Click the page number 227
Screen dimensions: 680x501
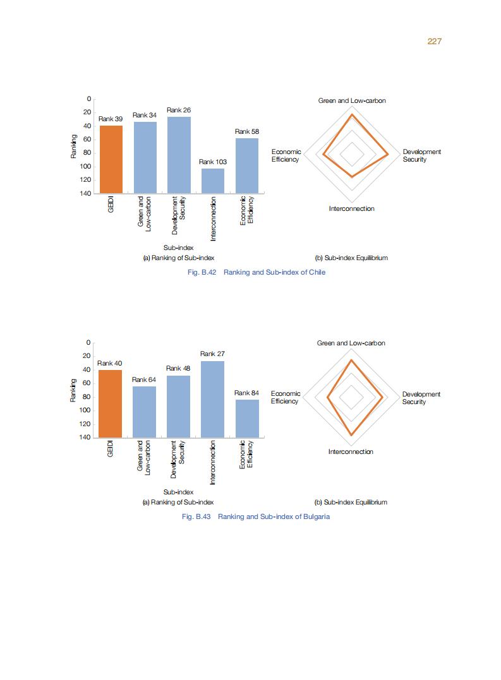click(x=434, y=41)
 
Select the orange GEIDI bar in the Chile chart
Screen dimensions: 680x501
click(x=111, y=159)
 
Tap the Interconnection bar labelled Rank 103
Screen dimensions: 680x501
click(x=213, y=180)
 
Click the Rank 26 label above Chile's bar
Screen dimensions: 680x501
click(x=179, y=110)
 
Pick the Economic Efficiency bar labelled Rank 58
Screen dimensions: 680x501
click(x=247, y=165)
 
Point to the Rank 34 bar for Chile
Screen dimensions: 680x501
click(x=145, y=157)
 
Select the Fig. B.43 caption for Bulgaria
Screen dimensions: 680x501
click(x=255, y=516)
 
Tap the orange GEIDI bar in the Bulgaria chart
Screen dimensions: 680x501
click(x=110, y=403)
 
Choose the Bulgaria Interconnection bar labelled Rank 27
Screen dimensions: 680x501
click(x=212, y=399)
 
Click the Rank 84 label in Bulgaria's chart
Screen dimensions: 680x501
click(x=246, y=393)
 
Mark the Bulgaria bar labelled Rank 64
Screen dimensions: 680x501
click(x=144, y=412)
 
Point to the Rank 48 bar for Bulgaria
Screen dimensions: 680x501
click(x=178, y=406)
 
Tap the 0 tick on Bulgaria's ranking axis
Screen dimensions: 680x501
click(x=89, y=342)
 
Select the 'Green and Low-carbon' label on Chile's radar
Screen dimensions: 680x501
click(x=352, y=100)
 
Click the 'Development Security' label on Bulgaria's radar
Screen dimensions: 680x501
click(x=421, y=398)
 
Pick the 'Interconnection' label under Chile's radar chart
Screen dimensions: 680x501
click(x=351, y=209)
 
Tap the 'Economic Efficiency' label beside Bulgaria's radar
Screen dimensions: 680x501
click(x=286, y=397)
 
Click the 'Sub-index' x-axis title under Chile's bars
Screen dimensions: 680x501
click(x=178, y=248)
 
